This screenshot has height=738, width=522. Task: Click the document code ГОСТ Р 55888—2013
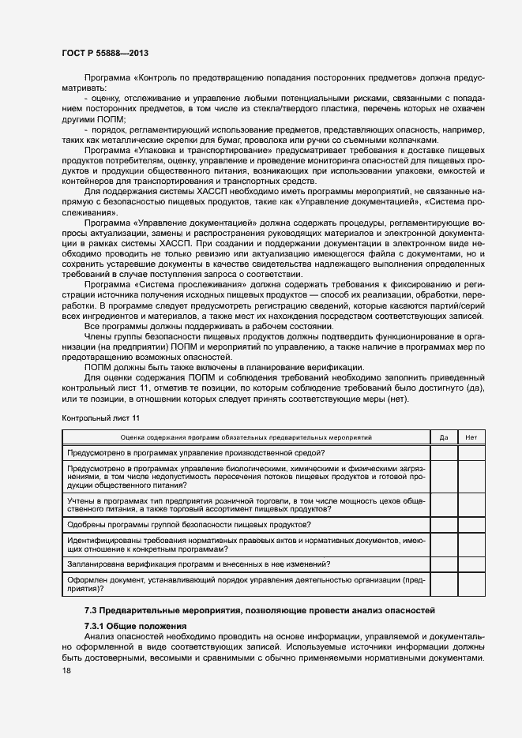105,53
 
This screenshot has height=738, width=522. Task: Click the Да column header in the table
443,436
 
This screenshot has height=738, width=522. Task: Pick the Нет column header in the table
471,436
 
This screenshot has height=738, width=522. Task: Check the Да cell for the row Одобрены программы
443,525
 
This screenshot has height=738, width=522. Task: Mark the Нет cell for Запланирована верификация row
471,564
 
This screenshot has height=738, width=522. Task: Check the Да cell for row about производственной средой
443,452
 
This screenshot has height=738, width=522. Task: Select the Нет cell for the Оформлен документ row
471,584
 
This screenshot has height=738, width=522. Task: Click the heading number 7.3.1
98,625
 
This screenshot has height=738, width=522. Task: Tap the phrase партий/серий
459,304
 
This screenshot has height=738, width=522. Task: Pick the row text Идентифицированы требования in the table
118,539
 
